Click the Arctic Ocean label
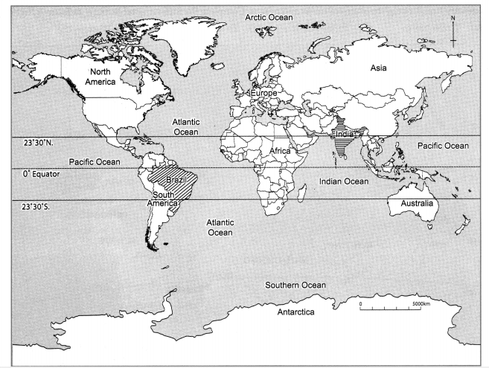[x=271, y=16]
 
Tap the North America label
[x=103, y=77]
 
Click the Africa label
[x=279, y=151]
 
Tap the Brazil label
[x=175, y=181]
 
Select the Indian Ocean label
[x=343, y=181]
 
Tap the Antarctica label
[x=295, y=312]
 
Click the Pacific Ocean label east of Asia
[x=443, y=146]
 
